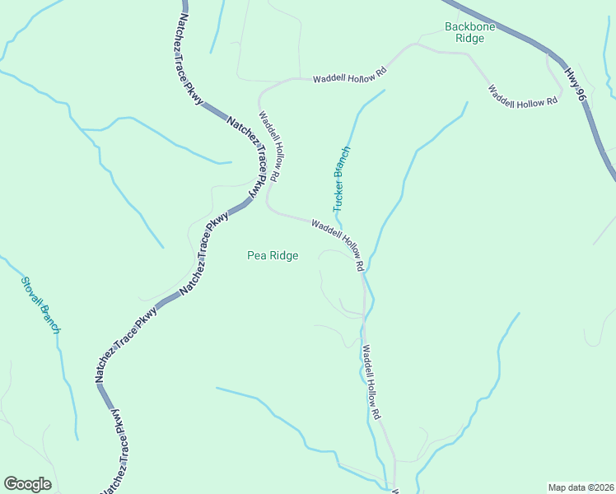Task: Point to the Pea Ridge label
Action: coord(273,255)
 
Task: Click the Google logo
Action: coord(27,484)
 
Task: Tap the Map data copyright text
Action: coord(581,487)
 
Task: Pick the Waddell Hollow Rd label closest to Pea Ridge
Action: coord(338,244)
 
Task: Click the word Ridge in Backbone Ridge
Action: coord(469,38)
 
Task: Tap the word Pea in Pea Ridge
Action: coord(256,255)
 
